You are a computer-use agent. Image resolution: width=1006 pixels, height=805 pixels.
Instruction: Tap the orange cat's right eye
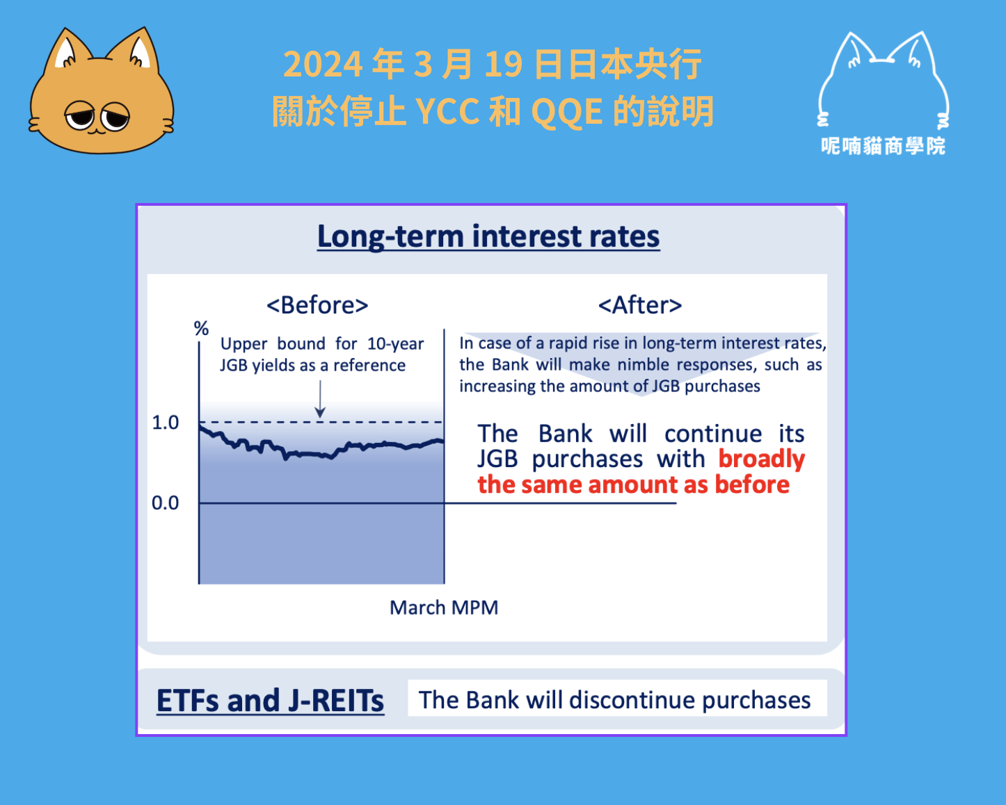116,117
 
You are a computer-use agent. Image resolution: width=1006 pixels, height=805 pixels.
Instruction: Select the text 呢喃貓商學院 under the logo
884,146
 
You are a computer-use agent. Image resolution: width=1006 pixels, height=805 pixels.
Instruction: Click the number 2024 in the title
323,64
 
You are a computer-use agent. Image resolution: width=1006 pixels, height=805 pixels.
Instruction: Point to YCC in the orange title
447,112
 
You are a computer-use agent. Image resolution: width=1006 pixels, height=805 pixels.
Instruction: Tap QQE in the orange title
567,112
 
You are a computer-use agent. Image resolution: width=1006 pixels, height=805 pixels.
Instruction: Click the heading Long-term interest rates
488,236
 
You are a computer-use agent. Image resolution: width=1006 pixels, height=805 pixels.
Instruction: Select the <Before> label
317,305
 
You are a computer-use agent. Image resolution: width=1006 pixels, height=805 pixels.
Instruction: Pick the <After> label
640,305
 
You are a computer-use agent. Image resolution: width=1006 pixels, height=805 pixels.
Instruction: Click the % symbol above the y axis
202,328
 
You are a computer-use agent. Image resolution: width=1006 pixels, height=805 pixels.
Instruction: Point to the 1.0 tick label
166,423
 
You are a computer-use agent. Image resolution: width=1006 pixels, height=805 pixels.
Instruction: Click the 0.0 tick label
166,503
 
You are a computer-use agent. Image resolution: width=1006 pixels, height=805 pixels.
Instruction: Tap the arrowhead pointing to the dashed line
320,412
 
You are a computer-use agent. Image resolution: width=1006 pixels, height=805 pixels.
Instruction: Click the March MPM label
444,608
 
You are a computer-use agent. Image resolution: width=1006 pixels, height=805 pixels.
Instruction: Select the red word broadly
762,460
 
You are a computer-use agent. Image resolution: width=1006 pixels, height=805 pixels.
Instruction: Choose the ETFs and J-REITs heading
270,700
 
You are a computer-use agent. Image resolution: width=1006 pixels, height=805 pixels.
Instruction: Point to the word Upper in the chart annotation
243,344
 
